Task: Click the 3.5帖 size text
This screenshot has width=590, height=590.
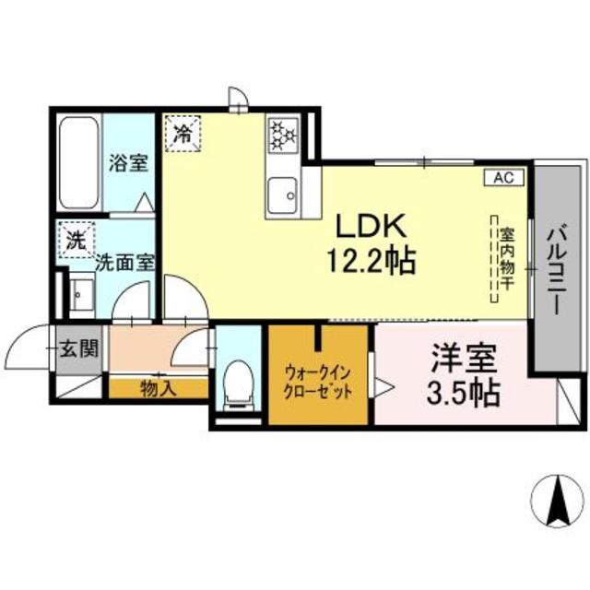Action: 462,394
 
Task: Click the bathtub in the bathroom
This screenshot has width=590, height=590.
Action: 78,163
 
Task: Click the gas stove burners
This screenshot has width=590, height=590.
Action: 282,137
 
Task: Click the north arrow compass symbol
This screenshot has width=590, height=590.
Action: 557,501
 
